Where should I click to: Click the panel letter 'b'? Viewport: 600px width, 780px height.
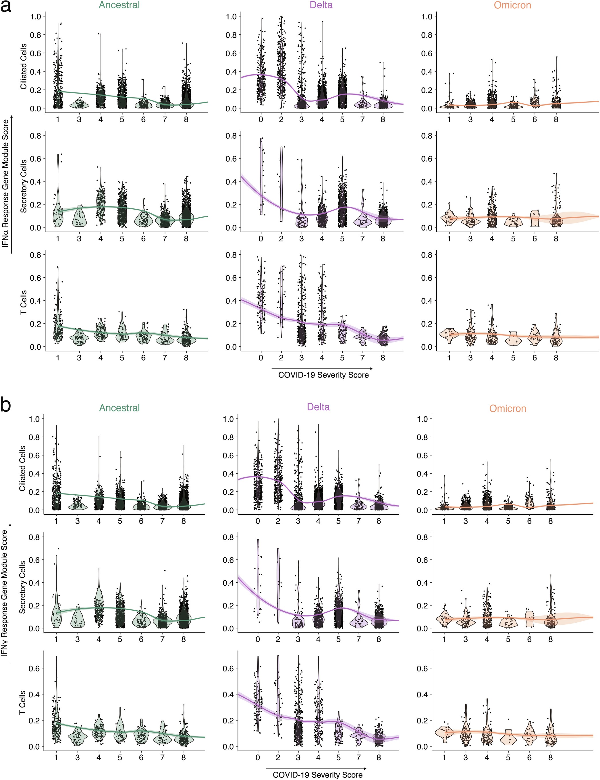coord(6,406)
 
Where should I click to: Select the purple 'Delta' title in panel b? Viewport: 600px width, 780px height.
coord(318,407)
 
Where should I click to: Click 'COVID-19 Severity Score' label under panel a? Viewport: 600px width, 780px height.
coord(323,375)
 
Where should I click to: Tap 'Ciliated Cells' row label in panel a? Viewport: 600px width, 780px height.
coord(24,66)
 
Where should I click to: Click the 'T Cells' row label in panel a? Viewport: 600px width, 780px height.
coord(24,302)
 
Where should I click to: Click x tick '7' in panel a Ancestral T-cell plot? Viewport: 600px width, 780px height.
coord(165,358)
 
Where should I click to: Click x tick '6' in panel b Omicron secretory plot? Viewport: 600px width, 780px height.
coord(529,639)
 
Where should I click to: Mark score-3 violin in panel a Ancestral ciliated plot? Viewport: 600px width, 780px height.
coord(79,104)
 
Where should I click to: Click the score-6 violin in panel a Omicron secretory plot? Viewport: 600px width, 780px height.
coord(535,218)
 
